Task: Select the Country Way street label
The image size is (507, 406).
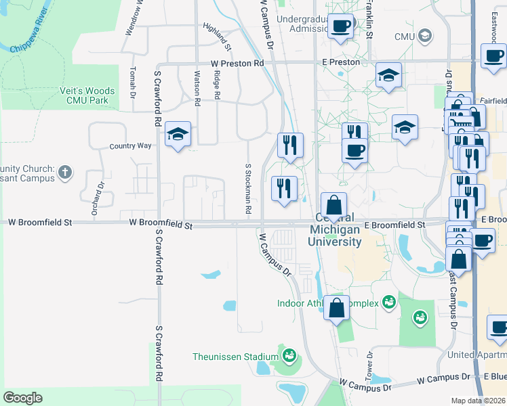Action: click(x=131, y=145)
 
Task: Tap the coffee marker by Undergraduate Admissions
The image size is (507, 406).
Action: click(x=341, y=26)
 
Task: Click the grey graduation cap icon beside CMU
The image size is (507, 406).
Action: click(x=426, y=35)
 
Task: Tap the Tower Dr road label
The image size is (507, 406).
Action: click(x=370, y=365)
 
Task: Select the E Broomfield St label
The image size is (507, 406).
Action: click(x=394, y=225)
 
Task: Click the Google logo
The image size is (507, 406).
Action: click(x=22, y=398)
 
